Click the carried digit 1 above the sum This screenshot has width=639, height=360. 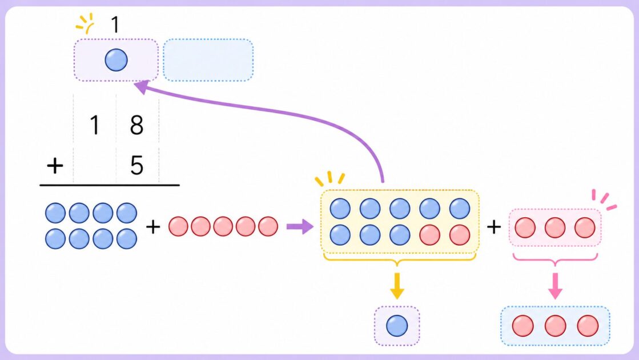coord(115,25)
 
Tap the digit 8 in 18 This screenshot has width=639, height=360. coord(136,125)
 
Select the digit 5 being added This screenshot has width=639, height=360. coord(137,165)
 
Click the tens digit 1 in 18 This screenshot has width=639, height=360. coord(95,125)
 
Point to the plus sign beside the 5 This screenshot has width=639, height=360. coord(55,166)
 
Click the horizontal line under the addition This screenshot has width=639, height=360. coord(110,185)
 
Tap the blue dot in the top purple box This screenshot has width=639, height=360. coord(116,60)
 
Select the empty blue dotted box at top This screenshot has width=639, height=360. coord(208,60)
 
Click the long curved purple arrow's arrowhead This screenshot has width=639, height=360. coord(142,86)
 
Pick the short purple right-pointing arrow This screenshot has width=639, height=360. coord(300,226)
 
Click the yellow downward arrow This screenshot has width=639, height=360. coord(397,286)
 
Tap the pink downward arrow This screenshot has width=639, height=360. coord(555,286)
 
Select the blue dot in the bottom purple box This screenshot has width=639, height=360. coord(397,326)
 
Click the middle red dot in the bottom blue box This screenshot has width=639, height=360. coord(555,326)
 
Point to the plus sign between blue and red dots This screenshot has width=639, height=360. coord(153,227)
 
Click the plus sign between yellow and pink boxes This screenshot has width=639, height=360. coord(494,227)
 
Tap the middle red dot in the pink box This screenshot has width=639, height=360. coord(555,227)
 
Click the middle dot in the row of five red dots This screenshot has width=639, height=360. coord(223,226)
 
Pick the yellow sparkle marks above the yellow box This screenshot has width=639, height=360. coord(330,179)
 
